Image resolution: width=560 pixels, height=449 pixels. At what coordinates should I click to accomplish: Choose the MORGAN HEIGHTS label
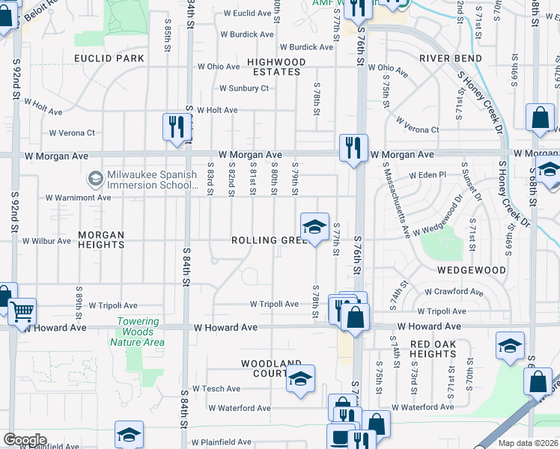click(x=101, y=239)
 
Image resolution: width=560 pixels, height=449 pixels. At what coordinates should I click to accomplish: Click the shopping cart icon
click(x=22, y=310)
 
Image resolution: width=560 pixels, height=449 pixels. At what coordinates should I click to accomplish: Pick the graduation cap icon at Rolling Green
click(x=314, y=226)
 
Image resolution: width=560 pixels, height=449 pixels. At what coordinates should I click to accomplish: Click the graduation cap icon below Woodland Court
click(x=300, y=379)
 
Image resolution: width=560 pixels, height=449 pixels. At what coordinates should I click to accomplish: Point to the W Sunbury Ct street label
click(x=243, y=88)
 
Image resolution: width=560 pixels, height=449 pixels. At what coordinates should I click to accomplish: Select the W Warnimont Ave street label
click(x=78, y=198)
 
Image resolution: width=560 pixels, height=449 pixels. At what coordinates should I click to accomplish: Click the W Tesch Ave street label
click(x=216, y=389)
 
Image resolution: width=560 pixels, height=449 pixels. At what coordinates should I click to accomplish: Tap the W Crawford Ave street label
click(x=454, y=291)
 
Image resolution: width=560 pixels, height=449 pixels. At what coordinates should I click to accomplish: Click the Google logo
click(x=25, y=440)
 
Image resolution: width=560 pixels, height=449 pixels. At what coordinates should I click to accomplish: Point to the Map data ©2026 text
click(x=528, y=443)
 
